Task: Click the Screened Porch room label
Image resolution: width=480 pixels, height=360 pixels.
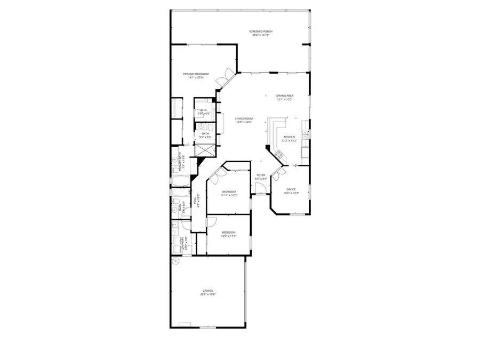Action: (260, 32)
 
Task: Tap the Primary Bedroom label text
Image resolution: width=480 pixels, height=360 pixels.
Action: (195, 74)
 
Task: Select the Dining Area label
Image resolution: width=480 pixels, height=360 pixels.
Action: (285, 95)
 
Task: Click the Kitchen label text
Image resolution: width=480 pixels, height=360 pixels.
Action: (289, 137)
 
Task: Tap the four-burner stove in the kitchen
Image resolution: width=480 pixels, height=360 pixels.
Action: (279, 155)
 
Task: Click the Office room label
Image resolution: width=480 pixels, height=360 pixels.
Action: (291, 189)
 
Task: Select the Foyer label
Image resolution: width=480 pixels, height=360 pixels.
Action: (261, 175)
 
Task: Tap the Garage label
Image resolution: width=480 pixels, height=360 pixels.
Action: (207, 291)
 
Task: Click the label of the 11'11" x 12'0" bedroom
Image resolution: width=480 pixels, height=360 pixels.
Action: (228, 192)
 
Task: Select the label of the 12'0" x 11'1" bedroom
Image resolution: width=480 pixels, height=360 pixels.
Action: (228, 232)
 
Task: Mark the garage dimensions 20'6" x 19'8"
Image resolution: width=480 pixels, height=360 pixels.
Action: (207, 294)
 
